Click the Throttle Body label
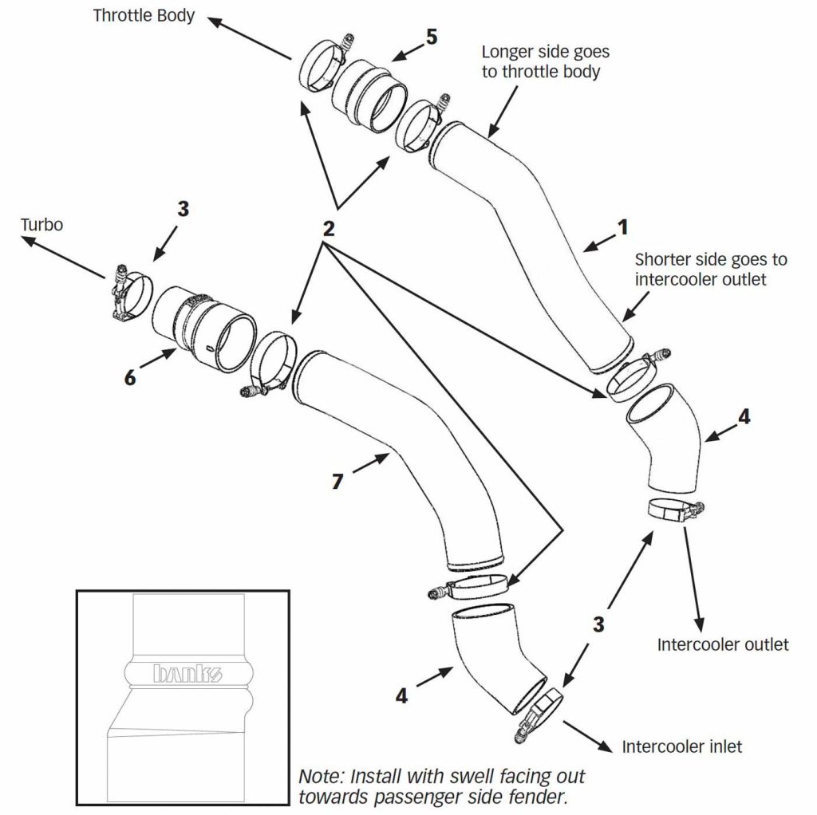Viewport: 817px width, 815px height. (144, 16)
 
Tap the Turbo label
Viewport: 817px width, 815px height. (41, 224)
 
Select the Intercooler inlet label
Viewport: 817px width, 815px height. (681, 746)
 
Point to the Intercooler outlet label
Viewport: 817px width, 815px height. (723, 644)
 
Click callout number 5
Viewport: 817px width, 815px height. (432, 37)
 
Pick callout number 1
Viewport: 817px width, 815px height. (622, 227)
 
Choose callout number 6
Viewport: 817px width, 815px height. (130, 377)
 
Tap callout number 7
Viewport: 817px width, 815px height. (337, 481)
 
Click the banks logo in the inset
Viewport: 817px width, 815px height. (187, 673)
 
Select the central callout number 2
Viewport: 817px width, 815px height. (328, 229)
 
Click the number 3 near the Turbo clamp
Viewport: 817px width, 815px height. (183, 209)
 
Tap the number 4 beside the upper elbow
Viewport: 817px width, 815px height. (744, 416)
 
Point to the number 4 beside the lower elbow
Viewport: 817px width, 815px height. (401, 695)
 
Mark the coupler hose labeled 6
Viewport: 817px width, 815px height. (204, 328)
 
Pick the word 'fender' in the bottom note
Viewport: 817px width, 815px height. (541, 797)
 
